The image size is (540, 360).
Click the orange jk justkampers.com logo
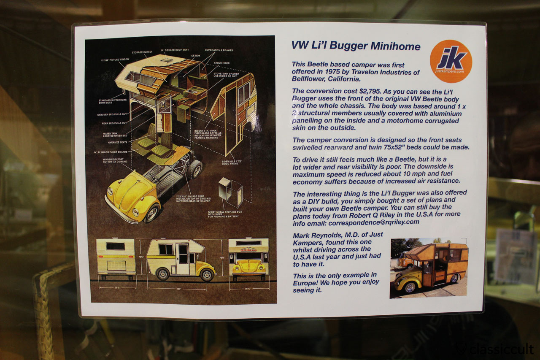[451, 61]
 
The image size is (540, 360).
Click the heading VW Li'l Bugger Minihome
[356, 46]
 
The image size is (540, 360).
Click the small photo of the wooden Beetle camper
[429, 268]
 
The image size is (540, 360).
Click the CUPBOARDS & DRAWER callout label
[219, 50]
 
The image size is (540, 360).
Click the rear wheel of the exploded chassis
[196, 168]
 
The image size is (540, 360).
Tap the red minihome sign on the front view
[248, 249]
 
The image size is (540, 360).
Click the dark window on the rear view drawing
[115, 246]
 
